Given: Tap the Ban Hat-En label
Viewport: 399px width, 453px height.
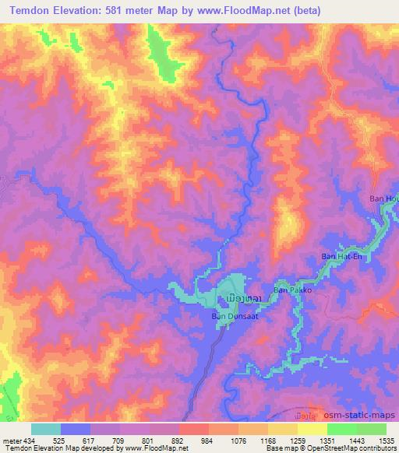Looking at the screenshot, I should pos(341,256).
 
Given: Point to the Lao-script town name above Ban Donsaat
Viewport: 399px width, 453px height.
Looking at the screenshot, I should pos(235,299).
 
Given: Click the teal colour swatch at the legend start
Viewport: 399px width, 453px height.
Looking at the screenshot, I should pos(46,428).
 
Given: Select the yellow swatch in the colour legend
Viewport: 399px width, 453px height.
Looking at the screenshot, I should pos(312,428).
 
